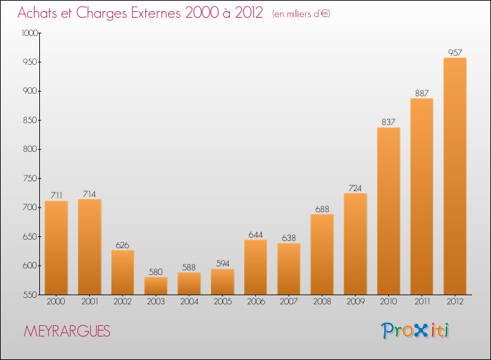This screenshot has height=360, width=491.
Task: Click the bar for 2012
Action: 455,176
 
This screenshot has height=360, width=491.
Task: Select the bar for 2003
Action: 156,285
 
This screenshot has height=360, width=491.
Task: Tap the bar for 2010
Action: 388,211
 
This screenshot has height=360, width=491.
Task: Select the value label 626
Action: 122,244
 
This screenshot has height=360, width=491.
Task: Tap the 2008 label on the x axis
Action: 322,302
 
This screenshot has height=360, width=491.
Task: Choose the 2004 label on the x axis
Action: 189,302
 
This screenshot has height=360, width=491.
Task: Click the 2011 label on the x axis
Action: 422,302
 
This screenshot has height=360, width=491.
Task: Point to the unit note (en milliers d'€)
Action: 300,14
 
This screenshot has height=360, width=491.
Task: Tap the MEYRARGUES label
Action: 67,332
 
